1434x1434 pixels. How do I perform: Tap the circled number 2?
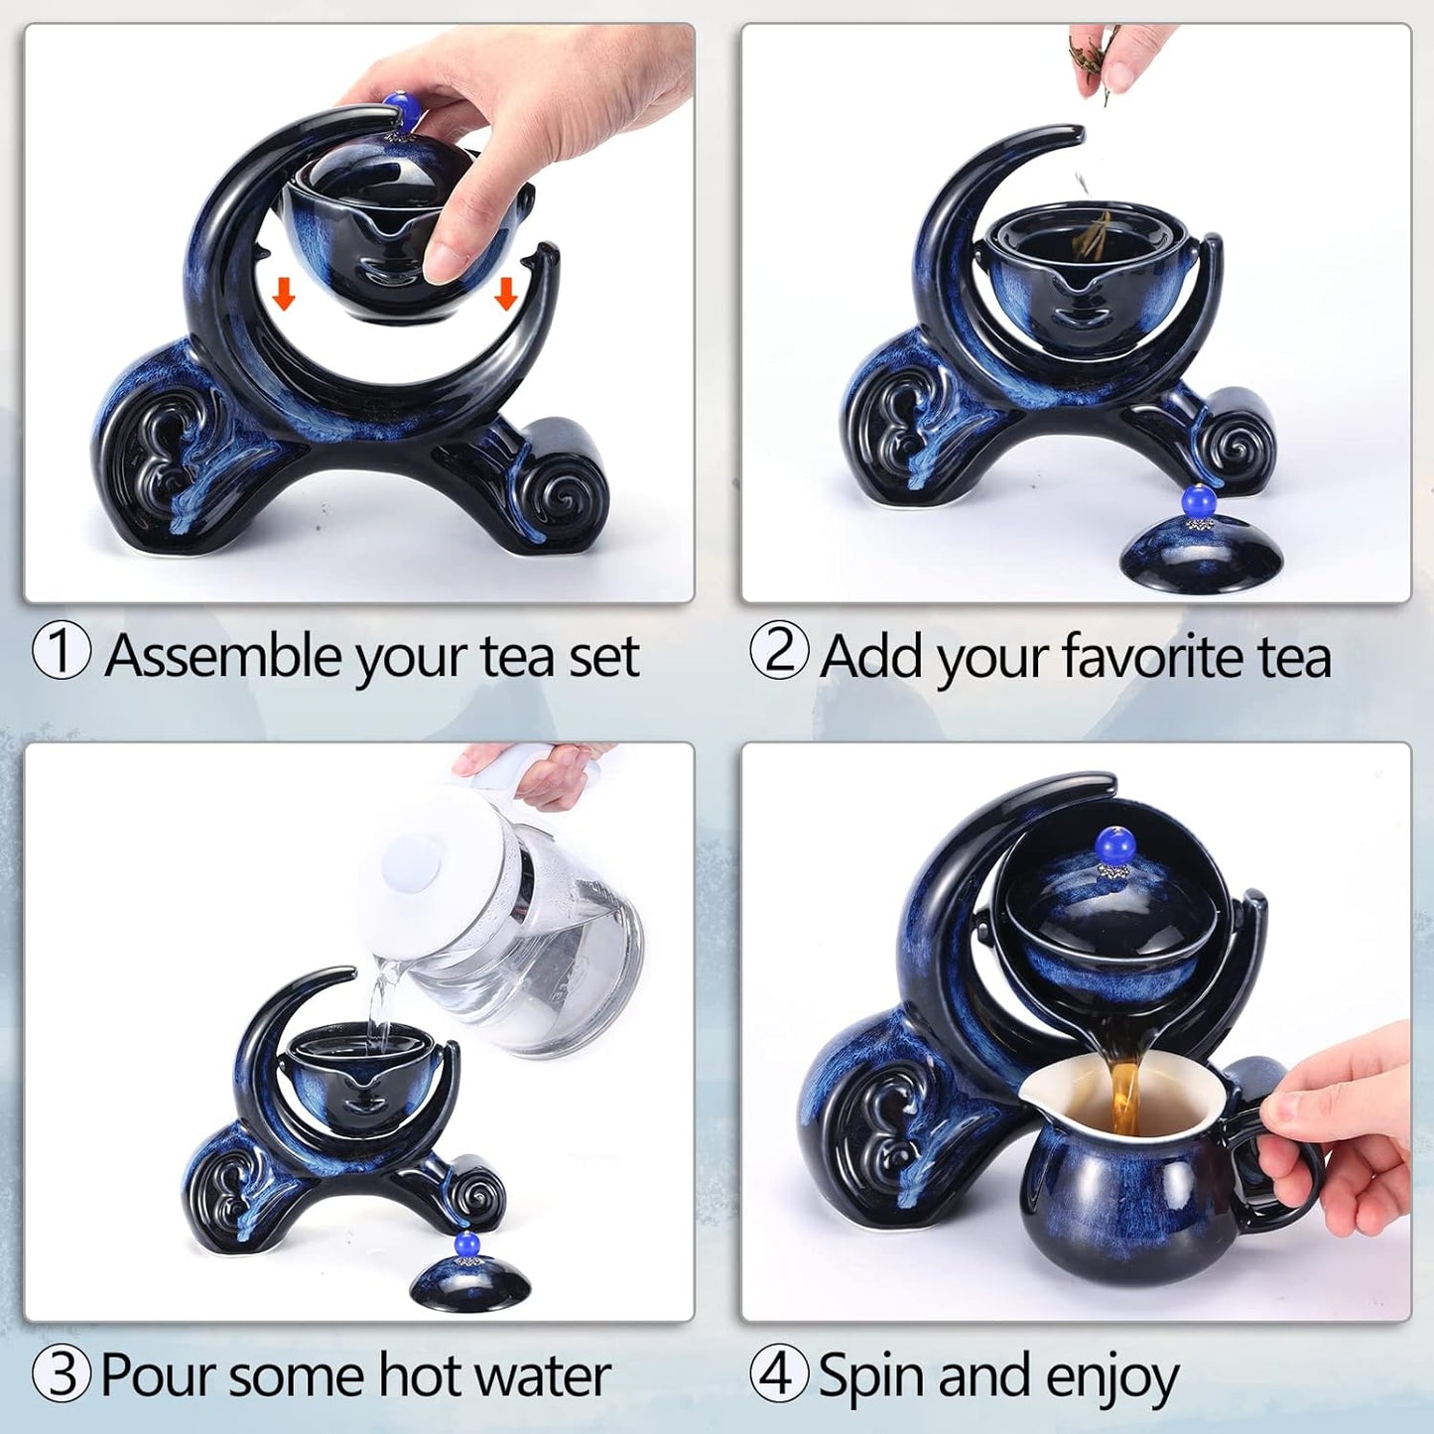pos(779,650)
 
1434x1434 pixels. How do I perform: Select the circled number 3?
pos(63,1375)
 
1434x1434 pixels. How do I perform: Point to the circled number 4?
pos(779,1375)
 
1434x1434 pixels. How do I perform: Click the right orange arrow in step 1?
pos(506,293)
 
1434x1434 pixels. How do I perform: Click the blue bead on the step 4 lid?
pos(1110,844)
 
